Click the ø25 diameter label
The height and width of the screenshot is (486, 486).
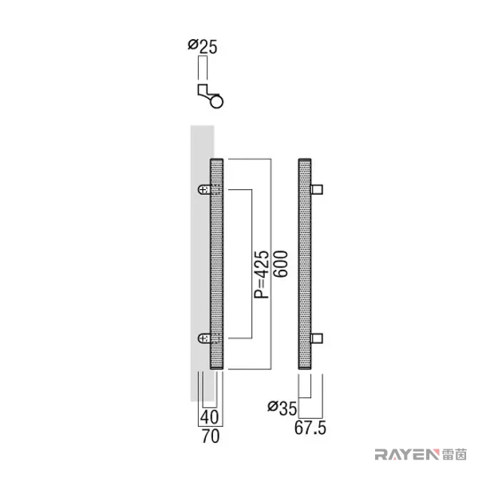[203, 46]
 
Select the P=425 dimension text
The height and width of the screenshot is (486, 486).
[262, 274]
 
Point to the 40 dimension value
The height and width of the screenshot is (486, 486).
[209, 417]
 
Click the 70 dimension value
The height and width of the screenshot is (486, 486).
[211, 436]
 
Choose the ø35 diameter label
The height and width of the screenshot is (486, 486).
[282, 409]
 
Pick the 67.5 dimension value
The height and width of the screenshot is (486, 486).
[310, 429]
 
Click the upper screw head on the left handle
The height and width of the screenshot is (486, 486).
[204, 189]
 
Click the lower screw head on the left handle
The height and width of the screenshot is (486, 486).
[204, 338]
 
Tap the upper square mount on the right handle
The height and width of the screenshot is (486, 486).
[317, 189]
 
